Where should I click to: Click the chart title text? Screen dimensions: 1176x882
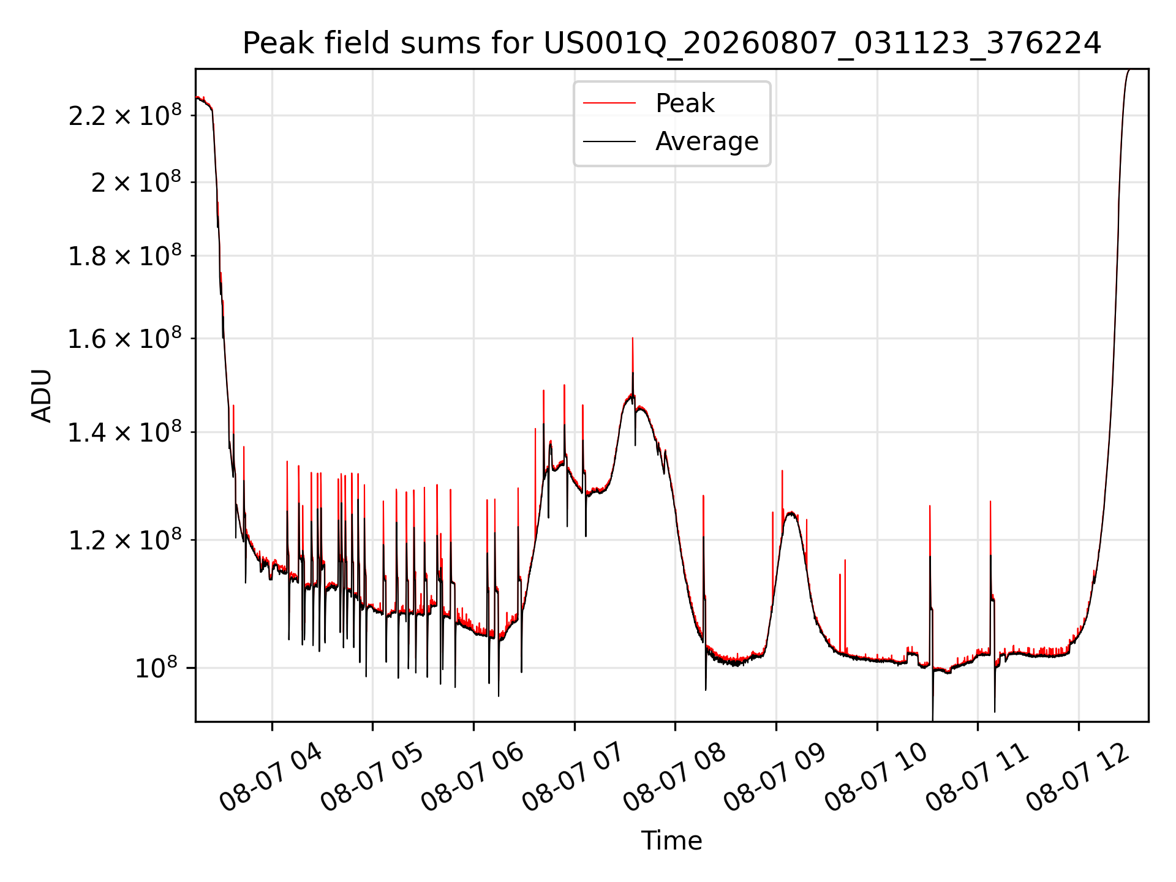pos(672,43)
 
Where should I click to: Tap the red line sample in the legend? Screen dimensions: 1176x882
pos(609,103)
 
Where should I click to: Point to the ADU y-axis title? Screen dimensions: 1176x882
pos(42,395)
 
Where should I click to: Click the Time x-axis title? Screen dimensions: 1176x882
pos(671,840)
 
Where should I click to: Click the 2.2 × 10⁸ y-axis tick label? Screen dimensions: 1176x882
pos(125,115)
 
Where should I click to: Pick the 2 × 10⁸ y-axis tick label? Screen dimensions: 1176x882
pos(136,182)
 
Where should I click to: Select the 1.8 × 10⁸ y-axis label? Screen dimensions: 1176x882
pos(125,255)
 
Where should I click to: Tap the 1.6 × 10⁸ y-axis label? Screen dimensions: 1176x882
pos(125,338)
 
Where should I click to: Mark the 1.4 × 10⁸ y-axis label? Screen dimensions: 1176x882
pos(125,432)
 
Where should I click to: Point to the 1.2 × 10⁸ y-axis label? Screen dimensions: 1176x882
pos(125,540)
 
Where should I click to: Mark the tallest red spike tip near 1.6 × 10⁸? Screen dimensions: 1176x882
pos(633,338)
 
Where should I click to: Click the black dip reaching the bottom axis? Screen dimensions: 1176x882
pos(933,720)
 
